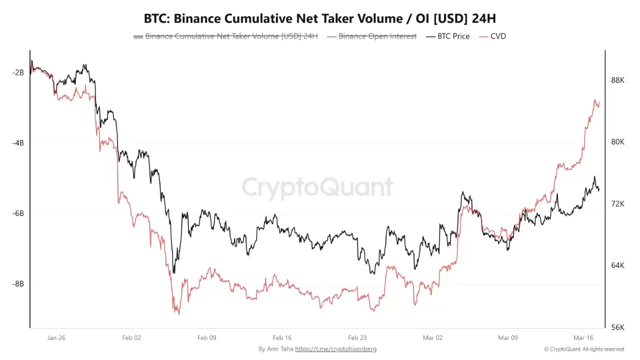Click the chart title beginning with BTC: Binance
point(320,18)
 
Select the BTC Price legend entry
point(448,36)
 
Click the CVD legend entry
point(492,36)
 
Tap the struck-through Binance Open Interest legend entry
point(372,36)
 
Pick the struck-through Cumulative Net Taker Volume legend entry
point(225,36)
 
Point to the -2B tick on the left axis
point(18,72)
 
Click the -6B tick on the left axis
point(18,213)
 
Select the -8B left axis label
point(18,284)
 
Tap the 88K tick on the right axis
point(618,80)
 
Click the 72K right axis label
point(618,204)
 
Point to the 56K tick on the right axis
point(618,327)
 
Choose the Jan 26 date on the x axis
point(56,338)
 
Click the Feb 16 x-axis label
point(282,338)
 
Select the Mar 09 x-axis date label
point(508,338)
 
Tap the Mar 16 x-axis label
point(583,338)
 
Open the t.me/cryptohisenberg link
point(335,349)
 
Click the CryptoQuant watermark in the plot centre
point(317,187)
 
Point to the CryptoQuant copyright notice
point(583,349)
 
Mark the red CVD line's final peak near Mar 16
point(595,100)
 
